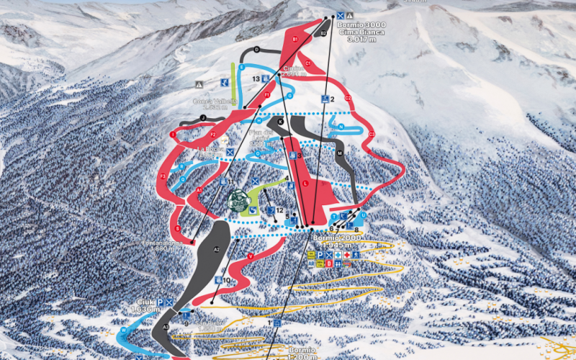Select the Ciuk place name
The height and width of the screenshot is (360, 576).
tap(146, 302)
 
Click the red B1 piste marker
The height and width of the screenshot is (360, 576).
tap(295, 38)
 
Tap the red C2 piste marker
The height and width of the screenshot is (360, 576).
tap(348, 98)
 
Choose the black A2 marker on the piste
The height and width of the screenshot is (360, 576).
tap(216, 249)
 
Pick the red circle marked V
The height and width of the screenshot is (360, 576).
tap(250, 256)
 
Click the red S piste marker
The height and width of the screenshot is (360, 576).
tap(176, 229)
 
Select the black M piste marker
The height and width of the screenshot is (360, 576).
tap(339, 153)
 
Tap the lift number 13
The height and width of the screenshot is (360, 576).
tap(256, 78)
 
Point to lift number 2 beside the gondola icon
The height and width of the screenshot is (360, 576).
tap(333, 99)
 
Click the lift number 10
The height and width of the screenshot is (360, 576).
tap(226, 280)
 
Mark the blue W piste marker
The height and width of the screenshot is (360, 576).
tap(124, 330)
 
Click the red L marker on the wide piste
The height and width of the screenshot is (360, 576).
tap(305, 184)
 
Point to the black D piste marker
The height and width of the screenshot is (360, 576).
tap(256, 49)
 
